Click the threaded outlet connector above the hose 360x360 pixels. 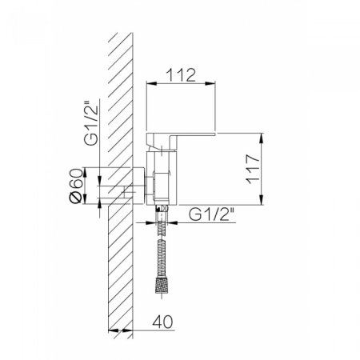(x=162, y=214)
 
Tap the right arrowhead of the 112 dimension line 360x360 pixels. (x=216, y=82)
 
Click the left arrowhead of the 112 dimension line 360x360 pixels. (x=148, y=82)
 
